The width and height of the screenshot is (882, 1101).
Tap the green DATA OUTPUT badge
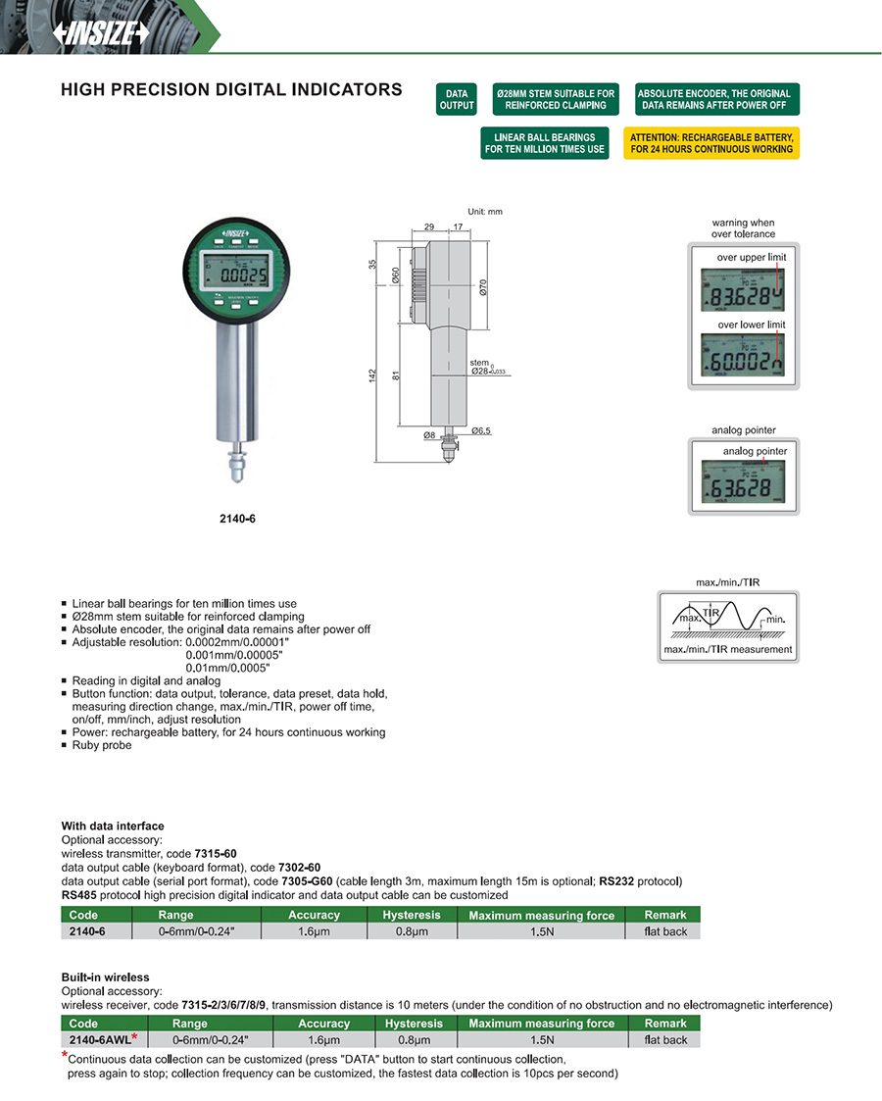click(456, 99)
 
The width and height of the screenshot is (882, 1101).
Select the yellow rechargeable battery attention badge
click(711, 143)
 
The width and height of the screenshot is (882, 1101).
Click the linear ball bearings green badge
click(544, 143)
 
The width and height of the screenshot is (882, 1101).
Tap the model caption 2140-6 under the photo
click(238, 519)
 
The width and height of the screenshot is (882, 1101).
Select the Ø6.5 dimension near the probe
click(481, 431)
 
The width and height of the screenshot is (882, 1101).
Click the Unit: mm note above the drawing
click(485, 212)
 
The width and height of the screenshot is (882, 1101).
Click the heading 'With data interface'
click(113, 826)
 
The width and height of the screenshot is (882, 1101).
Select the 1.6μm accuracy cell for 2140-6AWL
click(323, 1039)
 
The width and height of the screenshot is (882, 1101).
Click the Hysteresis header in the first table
click(413, 915)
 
